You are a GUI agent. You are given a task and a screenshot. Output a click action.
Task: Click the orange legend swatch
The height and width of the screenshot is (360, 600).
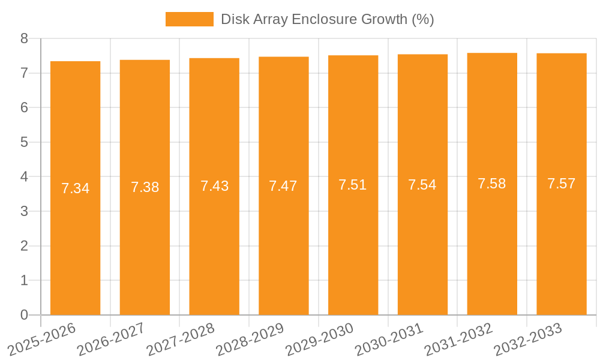189,19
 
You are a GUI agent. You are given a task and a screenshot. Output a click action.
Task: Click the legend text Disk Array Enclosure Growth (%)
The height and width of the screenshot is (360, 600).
327,19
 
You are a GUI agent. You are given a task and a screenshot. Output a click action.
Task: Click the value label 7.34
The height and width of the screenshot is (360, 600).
75,188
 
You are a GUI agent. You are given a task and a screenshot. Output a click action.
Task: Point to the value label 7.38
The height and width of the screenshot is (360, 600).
145,187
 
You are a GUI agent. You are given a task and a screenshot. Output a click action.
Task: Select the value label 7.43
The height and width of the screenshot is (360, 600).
214,186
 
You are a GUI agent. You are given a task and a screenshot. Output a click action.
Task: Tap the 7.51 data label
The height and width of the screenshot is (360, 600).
353,185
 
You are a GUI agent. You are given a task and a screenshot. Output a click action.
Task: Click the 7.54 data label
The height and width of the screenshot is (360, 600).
422,185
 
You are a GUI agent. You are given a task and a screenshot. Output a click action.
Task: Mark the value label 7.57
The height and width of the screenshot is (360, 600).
562,184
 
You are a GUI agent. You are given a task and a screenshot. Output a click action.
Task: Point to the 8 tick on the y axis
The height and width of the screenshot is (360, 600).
24,38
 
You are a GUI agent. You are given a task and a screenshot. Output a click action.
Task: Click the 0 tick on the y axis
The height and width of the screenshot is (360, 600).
24,315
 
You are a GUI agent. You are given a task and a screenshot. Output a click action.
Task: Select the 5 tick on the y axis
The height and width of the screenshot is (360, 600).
24,142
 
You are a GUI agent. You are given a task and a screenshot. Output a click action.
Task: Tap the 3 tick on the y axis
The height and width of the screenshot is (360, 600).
24,211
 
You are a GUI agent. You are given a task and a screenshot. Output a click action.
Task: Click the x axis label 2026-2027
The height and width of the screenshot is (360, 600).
111,338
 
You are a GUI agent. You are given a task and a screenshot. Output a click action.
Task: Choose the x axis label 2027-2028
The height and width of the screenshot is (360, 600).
181,338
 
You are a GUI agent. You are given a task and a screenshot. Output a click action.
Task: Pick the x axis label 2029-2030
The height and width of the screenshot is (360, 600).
320,338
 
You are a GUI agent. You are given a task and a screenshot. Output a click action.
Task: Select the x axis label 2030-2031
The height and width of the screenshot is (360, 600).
389,338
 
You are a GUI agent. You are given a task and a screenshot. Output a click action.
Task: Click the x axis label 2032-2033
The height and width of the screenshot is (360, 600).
528,338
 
